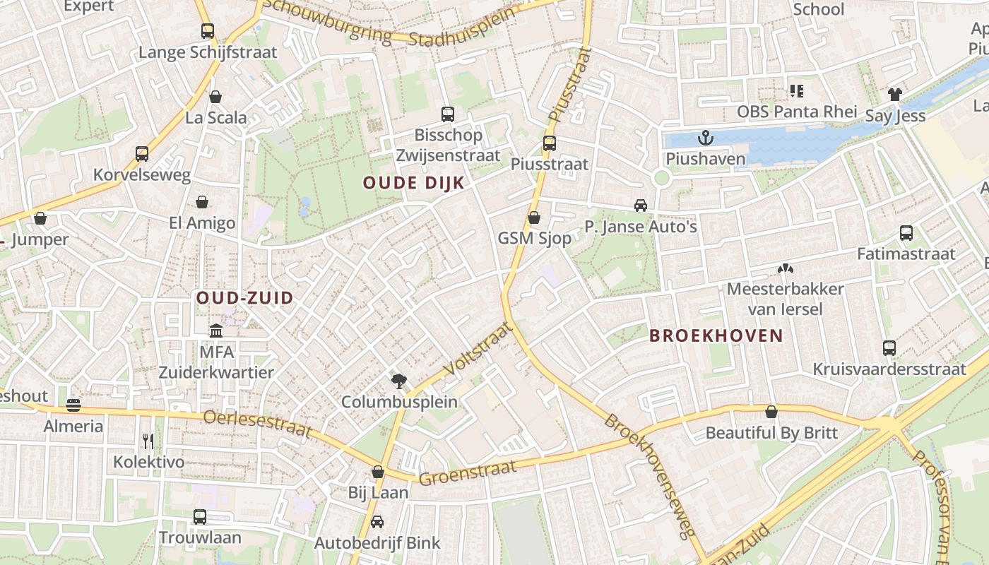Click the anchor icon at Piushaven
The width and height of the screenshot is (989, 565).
tap(704, 137)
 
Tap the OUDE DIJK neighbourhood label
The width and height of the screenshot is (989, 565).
tap(414, 183)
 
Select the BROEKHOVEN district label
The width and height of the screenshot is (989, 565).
tap(716, 335)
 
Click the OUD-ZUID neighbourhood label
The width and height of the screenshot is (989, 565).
tap(244, 298)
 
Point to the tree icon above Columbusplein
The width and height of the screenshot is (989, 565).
tap(399, 381)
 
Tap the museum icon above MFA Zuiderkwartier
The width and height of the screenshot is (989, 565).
tap(216, 331)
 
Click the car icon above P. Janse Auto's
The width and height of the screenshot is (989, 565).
tap(641, 206)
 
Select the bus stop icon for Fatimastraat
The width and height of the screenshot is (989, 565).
tap(906, 233)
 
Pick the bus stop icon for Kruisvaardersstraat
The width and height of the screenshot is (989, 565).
tap(889, 348)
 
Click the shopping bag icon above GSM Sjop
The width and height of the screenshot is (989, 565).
tap(534, 218)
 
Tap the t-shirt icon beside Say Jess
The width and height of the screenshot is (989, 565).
tap(895, 95)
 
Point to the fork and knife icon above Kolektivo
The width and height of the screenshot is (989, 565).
tap(148, 441)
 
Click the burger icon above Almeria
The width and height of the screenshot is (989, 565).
tap(73, 405)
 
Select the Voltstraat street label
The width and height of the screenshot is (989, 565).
tap(478, 349)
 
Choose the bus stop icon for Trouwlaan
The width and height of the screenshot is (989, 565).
tap(200, 517)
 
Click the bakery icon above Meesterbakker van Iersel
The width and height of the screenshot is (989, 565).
tap(784, 268)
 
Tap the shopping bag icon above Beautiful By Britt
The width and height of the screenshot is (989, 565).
tap(771, 412)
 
